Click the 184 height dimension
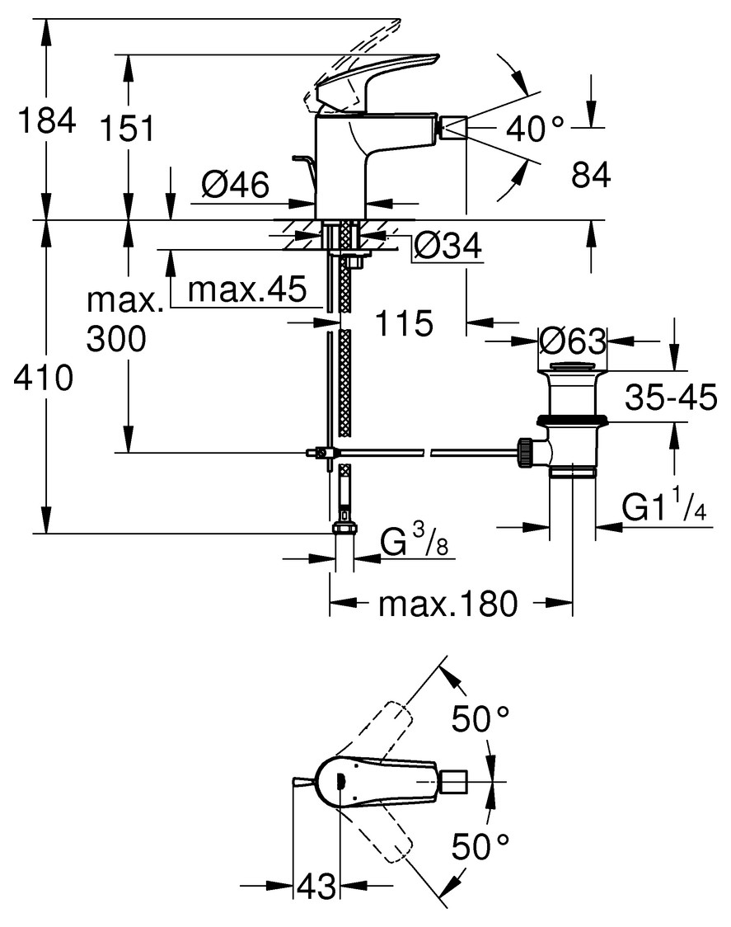47,120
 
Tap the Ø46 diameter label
235,186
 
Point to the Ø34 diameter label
447,245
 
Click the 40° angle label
535,127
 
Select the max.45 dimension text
247,289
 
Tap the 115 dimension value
405,323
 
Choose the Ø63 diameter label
572,340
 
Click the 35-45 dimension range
670,398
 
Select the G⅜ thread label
415,543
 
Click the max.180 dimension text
448,605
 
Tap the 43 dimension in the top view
316,887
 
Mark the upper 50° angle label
480,720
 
